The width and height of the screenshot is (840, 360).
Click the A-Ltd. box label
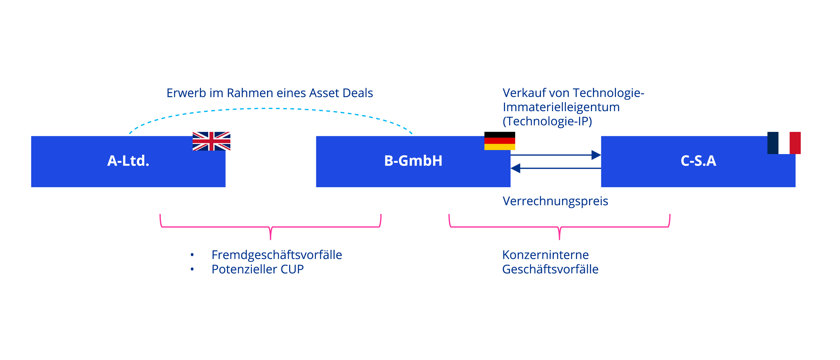coord(128,161)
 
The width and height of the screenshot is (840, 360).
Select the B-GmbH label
coord(413,161)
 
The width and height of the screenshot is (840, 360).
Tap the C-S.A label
coord(698,161)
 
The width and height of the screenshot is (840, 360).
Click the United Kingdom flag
coord(211,141)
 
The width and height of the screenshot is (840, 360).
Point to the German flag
coord(499,141)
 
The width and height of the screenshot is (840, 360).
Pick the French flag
coord(784,143)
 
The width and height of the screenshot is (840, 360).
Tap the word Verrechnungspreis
coord(555,201)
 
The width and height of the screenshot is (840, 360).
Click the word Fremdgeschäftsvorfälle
coord(276,255)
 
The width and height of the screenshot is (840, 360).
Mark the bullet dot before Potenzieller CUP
coord(192,269)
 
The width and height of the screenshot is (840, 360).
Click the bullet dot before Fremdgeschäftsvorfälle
coord(192,255)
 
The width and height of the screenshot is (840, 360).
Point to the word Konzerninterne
coord(545,255)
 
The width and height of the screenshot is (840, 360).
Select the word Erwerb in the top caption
coord(186,93)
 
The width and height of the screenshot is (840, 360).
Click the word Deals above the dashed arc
coord(357,93)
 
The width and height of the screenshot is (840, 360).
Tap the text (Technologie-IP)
coord(547,121)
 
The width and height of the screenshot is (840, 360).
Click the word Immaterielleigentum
coord(561,107)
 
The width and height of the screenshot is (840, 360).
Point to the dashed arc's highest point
coord(271,108)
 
